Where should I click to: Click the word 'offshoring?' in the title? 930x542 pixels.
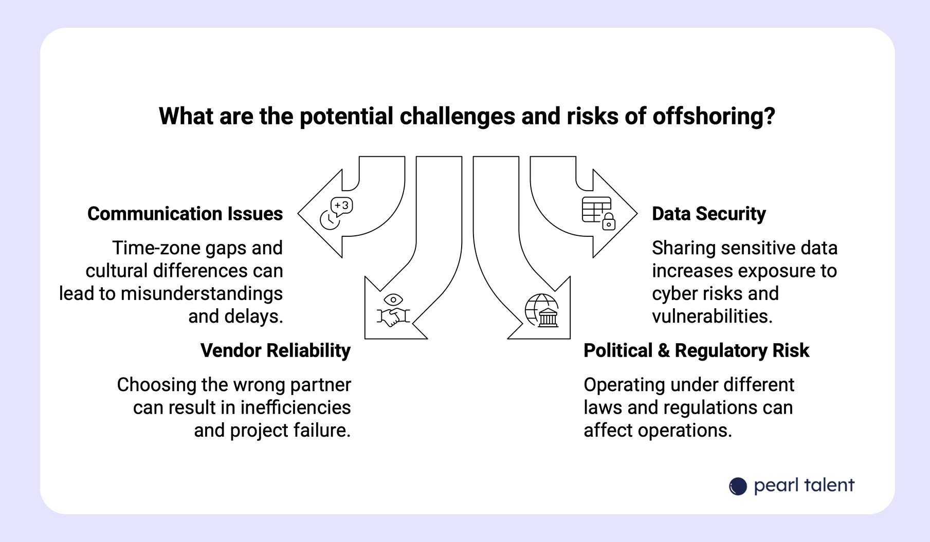pyautogui.click(x=714, y=117)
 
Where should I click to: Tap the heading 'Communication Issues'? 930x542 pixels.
pyautogui.click(x=185, y=214)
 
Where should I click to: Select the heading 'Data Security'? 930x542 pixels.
pyautogui.click(x=708, y=214)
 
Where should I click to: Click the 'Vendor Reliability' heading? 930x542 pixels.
pyautogui.click(x=276, y=350)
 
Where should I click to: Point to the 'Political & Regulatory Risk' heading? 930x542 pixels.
pyautogui.click(x=696, y=350)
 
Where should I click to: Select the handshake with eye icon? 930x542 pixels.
pyautogui.click(x=393, y=310)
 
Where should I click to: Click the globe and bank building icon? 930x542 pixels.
pyautogui.click(x=542, y=310)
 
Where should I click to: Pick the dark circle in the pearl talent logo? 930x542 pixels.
pyautogui.click(x=738, y=486)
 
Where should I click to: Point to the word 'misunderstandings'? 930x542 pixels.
pyautogui.click(x=202, y=294)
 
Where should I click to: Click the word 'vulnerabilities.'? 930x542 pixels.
pyautogui.click(x=712, y=316)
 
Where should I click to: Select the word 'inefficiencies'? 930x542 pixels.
pyautogui.click(x=296, y=407)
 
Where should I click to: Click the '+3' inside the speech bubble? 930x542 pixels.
pyautogui.click(x=341, y=205)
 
